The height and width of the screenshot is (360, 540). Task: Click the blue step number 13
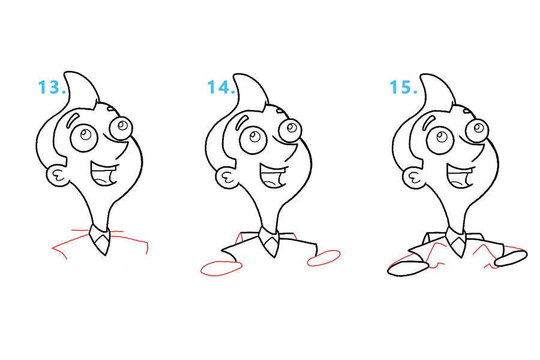[x=52, y=87]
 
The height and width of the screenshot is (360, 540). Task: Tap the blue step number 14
[x=221, y=87]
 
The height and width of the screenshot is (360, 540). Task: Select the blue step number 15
[x=404, y=87]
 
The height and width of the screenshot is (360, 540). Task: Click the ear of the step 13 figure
[x=57, y=176]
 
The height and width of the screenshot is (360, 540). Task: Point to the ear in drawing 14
[x=227, y=178]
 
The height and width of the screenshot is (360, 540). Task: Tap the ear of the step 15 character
[x=413, y=178]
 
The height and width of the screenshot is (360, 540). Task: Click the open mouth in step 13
[x=103, y=174]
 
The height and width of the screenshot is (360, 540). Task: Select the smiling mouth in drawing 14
[x=273, y=176]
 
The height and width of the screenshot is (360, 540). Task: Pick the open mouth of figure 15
[x=460, y=176]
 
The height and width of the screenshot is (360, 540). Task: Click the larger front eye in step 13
[x=85, y=137]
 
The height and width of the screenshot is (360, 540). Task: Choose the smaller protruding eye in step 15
[x=478, y=130]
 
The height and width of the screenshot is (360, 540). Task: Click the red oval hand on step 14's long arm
[x=221, y=268]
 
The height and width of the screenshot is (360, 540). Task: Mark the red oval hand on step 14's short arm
[x=324, y=258]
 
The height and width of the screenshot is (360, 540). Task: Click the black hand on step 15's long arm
[x=409, y=268]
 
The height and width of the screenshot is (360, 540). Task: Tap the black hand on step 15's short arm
[x=511, y=259]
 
